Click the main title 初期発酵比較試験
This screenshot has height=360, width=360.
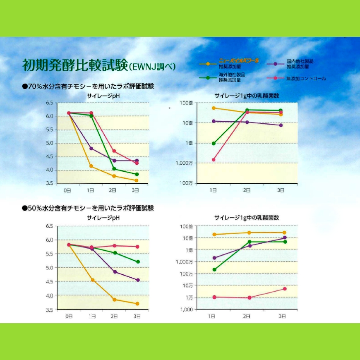[74, 65]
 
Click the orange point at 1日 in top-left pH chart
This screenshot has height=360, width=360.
[91, 166]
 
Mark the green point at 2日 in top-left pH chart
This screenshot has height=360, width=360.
[114, 169]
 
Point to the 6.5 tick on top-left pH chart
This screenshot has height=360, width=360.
[49, 102]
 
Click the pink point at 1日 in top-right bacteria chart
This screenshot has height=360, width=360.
[214, 160]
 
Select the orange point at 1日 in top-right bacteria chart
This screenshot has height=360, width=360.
[214, 108]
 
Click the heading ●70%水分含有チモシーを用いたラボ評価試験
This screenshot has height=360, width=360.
[88, 86]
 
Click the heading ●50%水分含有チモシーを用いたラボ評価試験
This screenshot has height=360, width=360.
[88, 208]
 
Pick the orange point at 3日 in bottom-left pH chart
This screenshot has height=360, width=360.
[137, 304]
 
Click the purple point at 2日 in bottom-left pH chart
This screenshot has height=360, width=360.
[114, 272]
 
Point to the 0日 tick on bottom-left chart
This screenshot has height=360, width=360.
[69, 316]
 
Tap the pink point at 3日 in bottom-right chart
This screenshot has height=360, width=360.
[285, 289]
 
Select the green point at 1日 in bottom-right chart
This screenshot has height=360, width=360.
[214, 269]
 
